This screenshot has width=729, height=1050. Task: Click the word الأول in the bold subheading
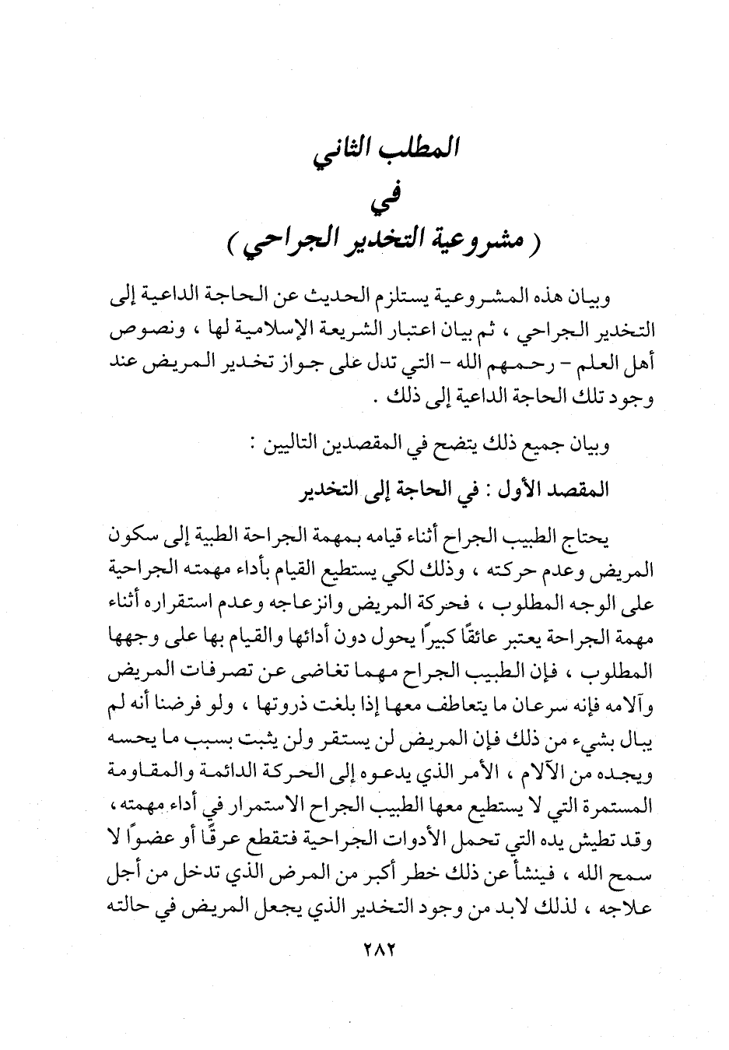point(520,490)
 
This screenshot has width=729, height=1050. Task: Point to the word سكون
point(135,536)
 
